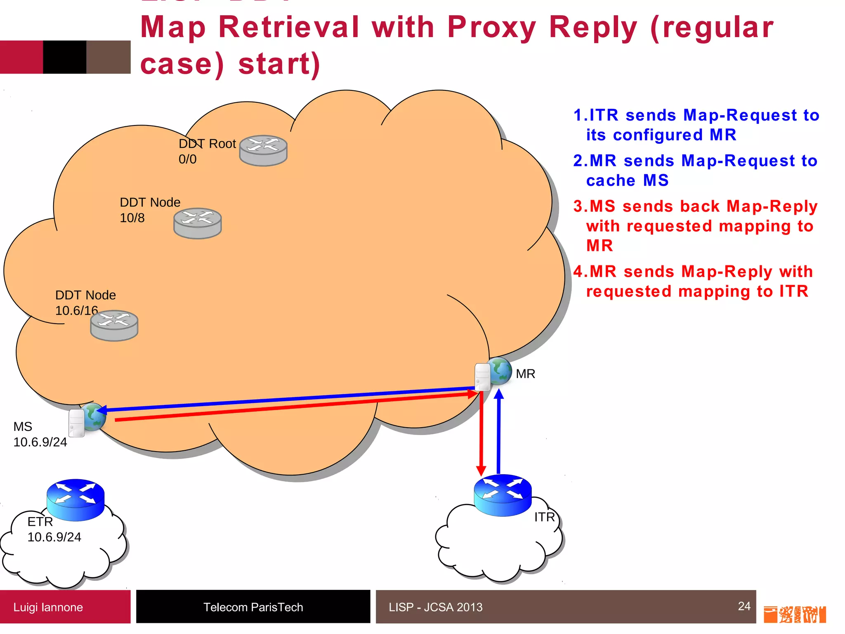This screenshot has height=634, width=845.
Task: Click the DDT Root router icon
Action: tap(263, 151)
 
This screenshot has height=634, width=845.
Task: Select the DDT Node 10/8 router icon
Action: tap(198, 223)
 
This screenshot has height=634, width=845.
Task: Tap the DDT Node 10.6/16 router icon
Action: tap(114, 325)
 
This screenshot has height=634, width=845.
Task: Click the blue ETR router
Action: tap(76, 500)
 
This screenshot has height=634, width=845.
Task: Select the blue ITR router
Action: tap(503, 495)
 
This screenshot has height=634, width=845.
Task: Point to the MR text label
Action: tap(525, 374)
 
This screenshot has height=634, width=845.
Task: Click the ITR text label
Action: tap(544, 517)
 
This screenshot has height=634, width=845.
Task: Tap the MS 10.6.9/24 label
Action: tap(40, 434)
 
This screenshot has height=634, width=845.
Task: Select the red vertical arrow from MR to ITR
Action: tap(481, 433)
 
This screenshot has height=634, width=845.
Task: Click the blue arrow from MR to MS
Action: tap(289, 399)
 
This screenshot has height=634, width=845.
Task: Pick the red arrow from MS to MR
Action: tap(289, 407)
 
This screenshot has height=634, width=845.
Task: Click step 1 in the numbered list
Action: tap(696, 125)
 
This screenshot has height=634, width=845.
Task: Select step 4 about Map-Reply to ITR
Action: tap(693, 282)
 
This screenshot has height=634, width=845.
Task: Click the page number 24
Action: tap(744, 606)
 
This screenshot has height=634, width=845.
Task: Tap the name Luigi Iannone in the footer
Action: tap(48, 607)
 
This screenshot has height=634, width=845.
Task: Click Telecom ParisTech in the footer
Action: tap(253, 607)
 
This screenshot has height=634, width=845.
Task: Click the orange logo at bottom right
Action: tap(794, 614)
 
